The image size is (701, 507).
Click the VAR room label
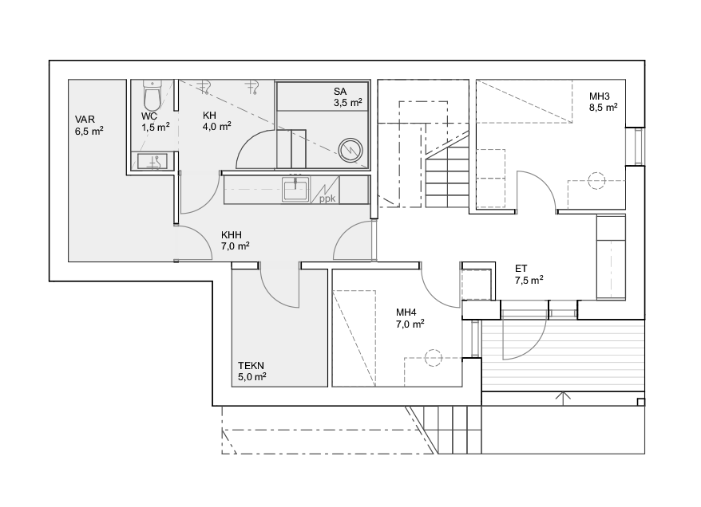coord(85,120)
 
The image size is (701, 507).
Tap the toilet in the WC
coord(152,96)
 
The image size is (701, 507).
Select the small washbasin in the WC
coord(152,161)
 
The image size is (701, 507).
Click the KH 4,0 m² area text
coord(217,127)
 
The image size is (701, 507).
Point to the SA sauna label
coord(340,92)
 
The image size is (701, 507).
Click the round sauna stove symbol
coord(350,150)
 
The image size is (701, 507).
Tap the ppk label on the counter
coord(327,198)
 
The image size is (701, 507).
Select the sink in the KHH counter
coord(295,189)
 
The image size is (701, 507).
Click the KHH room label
coord(231,234)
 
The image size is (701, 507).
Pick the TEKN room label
coord(251,366)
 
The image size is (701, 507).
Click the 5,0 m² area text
coord(252,377)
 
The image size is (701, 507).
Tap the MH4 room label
coord(406,312)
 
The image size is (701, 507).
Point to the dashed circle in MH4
coord(433,357)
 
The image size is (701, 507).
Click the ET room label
coord(521,269)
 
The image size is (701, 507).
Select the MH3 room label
coord(599,96)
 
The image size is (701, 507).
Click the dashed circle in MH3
coord(596,181)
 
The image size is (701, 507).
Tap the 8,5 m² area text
coord(604,108)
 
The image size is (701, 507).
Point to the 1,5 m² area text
coord(156,128)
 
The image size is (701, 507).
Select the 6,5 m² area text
coord(89,132)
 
